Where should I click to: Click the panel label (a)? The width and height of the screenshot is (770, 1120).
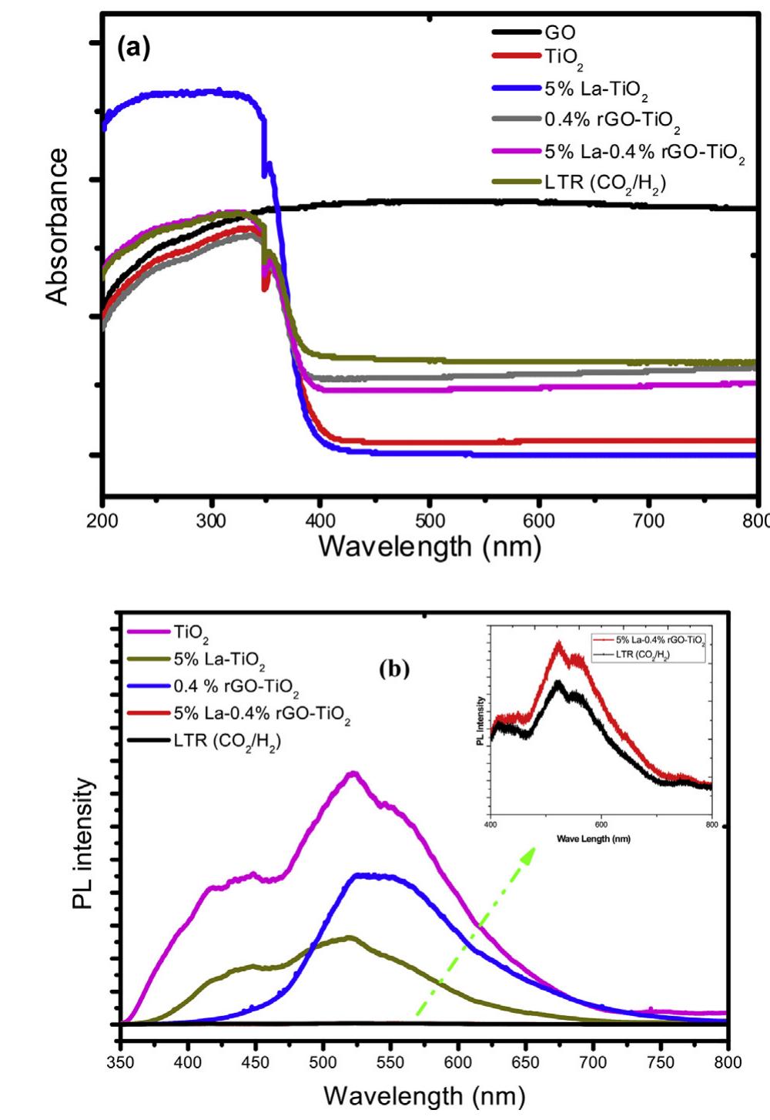133,48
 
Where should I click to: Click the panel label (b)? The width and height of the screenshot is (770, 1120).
396,669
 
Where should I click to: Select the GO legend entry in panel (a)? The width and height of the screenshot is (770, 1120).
560,32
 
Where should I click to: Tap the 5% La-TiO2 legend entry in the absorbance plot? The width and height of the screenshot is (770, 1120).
595,89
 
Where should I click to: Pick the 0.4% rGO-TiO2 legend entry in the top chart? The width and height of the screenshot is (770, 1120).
611,121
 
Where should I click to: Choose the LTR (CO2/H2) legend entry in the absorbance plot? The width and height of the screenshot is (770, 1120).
604,183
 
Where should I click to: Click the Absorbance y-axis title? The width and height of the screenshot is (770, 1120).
58,226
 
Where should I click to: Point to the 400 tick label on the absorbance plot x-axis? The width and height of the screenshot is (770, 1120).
320,521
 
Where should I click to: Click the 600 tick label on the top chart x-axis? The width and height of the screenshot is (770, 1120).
539,521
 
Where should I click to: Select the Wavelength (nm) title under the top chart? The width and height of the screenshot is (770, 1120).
430,546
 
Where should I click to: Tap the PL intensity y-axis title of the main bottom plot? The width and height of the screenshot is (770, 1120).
83,843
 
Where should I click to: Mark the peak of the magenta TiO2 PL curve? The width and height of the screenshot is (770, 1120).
353,773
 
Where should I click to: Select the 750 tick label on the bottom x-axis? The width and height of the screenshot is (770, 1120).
660,1063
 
